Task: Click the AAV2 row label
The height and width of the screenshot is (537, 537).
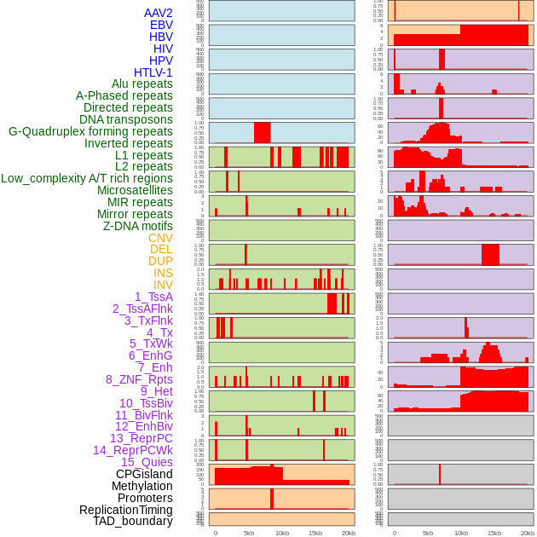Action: [159, 13]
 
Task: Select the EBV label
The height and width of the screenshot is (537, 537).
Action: [161, 25]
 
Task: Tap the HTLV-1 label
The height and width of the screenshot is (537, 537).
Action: [153, 72]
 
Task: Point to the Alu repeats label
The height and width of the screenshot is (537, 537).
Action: [142, 84]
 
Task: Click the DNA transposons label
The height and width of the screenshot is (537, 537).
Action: [126, 119]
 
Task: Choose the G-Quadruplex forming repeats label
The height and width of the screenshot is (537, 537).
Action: [90, 131]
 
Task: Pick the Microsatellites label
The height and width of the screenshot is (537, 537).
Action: [135, 190]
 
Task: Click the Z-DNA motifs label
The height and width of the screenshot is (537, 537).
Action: [138, 226]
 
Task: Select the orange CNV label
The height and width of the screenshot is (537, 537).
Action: [160, 238]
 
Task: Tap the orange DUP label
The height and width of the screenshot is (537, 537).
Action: [160, 261]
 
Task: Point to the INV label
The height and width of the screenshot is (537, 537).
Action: [163, 285]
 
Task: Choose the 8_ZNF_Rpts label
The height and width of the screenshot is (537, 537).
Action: [139, 379]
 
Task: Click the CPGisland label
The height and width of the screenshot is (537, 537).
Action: [144, 474]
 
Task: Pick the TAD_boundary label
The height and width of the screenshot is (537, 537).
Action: [133, 521]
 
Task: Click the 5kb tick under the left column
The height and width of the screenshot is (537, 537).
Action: [249, 533]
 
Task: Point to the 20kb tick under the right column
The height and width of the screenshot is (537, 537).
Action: [528, 533]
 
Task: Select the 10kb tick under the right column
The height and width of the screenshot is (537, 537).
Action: [461, 533]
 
